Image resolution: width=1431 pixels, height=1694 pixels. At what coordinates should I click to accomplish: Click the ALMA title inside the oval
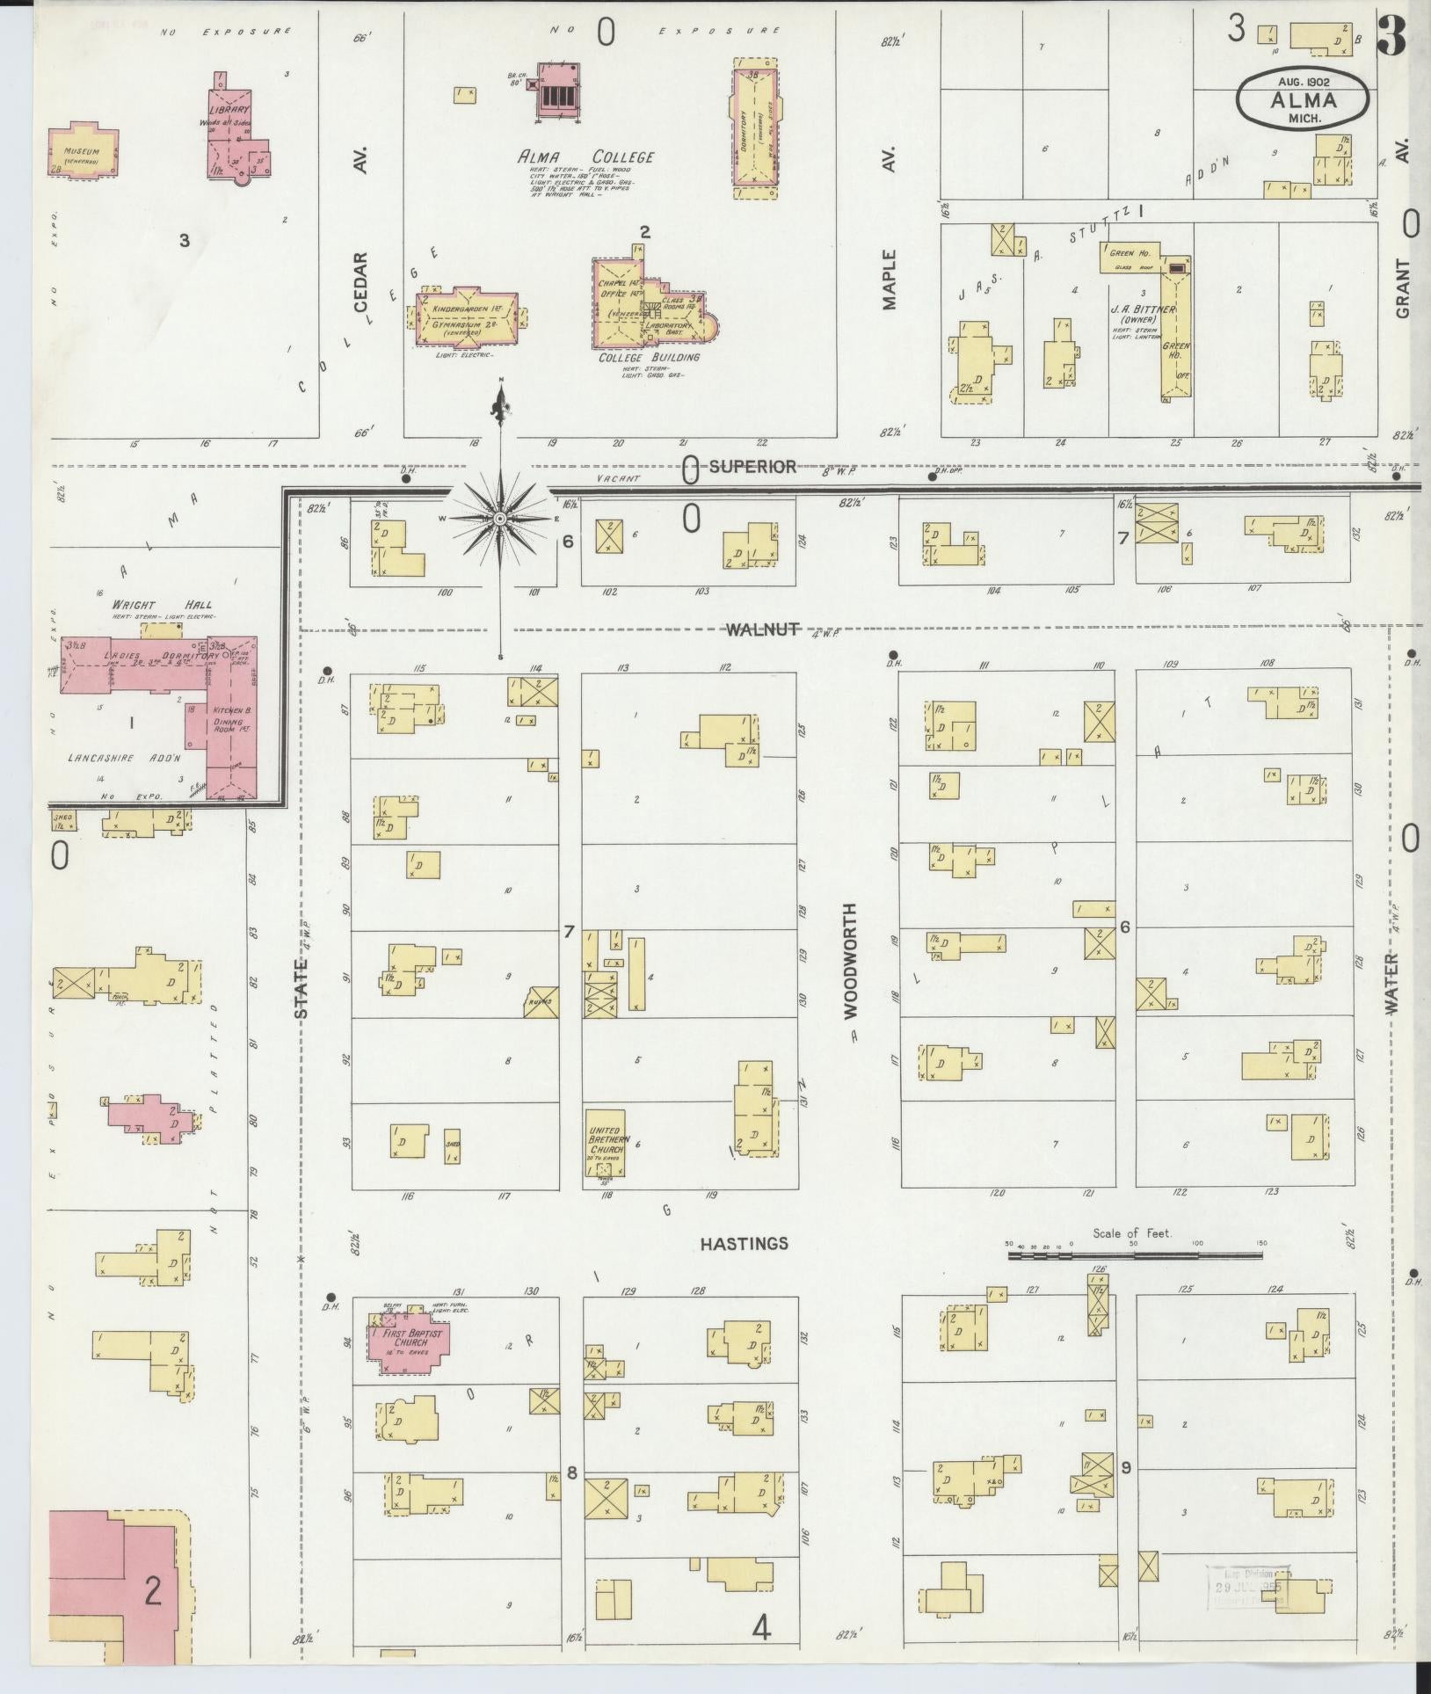tap(1303, 99)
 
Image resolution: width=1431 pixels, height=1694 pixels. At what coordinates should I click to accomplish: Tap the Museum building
tap(82, 152)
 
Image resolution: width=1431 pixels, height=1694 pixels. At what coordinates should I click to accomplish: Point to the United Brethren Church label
tap(607, 1142)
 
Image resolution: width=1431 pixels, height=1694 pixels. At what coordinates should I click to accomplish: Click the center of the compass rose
tap(500, 519)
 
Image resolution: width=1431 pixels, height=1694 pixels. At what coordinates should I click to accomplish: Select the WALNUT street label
tap(761, 629)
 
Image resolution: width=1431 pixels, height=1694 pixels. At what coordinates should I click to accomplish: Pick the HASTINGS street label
tap(744, 1244)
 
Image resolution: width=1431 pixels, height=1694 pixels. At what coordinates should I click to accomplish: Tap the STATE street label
tap(301, 989)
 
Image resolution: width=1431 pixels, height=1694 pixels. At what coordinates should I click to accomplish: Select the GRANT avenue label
tap(1402, 288)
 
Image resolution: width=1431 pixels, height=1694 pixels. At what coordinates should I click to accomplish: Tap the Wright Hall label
tap(162, 605)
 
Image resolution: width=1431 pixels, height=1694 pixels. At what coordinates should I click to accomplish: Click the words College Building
tap(649, 358)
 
